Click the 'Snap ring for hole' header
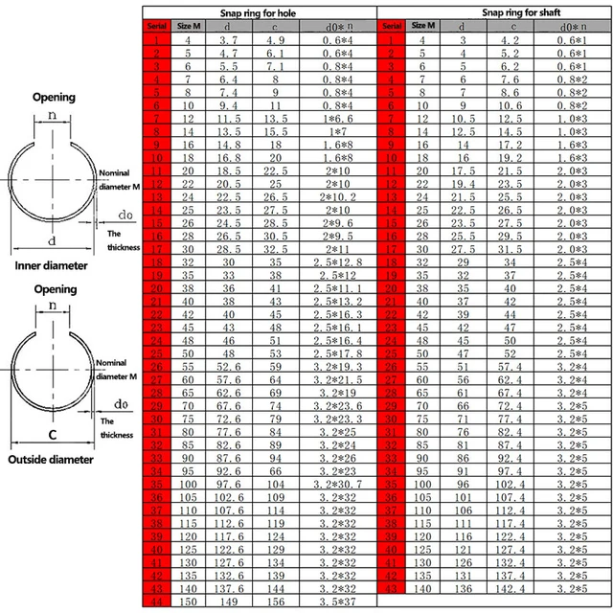click(x=260, y=11)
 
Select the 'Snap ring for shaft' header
click(x=495, y=11)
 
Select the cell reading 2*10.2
click(x=337, y=195)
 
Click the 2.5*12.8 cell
click(x=337, y=261)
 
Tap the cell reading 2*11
click(x=337, y=248)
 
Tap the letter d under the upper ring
click(x=52, y=239)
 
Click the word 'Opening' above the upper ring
click(x=55, y=98)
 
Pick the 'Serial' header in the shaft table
click(x=393, y=26)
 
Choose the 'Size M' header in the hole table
click(x=189, y=26)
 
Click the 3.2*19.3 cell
click(x=337, y=366)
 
